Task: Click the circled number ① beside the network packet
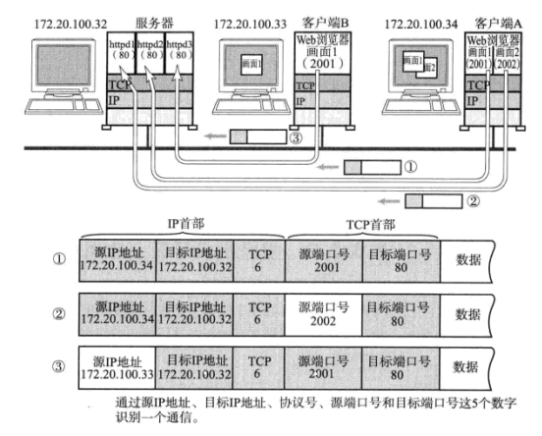(410, 167)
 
